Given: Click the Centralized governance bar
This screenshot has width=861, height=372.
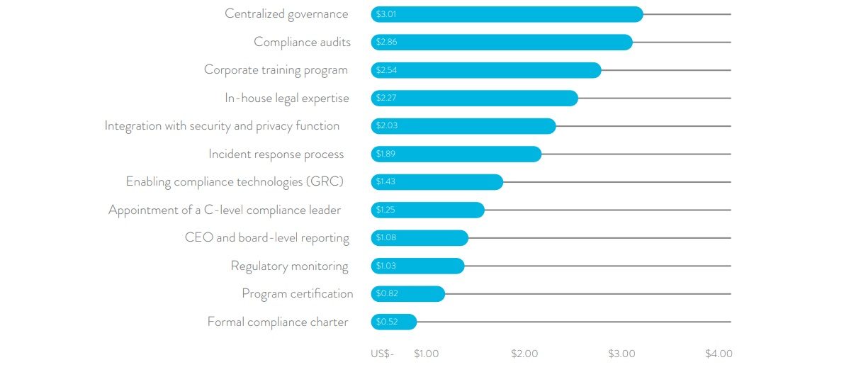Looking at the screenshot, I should pyautogui.click(x=507, y=14).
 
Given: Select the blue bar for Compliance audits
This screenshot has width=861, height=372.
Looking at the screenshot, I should pyautogui.click(x=502, y=43).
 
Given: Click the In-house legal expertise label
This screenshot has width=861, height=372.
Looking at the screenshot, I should pyautogui.click(x=287, y=98).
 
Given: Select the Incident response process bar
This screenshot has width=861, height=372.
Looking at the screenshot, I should pyautogui.click(x=456, y=154).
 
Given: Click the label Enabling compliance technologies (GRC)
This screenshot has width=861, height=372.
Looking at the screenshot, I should pyautogui.click(x=235, y=181).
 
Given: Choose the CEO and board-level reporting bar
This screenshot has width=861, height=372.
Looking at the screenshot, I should pyautogui.click(x=420, y=237).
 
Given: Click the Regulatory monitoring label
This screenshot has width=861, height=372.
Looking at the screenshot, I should pyautogui.click(x=289, y=266).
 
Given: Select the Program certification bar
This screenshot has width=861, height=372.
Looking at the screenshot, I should pyautogui.click(x=407, y=293).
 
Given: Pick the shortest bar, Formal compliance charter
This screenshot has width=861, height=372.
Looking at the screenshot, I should pyautogui.click(x=394, y=322).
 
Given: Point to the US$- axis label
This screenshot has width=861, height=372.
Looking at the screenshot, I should pyautogui.click(x=382, y=354).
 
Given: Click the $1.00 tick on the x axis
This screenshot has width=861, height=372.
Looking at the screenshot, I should pyautogui.click(x=426, y=354).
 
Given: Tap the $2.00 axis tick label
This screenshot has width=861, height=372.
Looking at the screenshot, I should pyautogui.click(x=524, y=354).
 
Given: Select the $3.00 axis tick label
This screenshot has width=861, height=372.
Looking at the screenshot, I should pyautogui.click(x=621, y=354).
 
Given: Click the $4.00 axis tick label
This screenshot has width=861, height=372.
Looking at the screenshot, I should pyautogui.click(x=719, y=354).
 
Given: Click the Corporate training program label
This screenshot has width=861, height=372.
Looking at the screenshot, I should pyautogui.click(x=276, y=69).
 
